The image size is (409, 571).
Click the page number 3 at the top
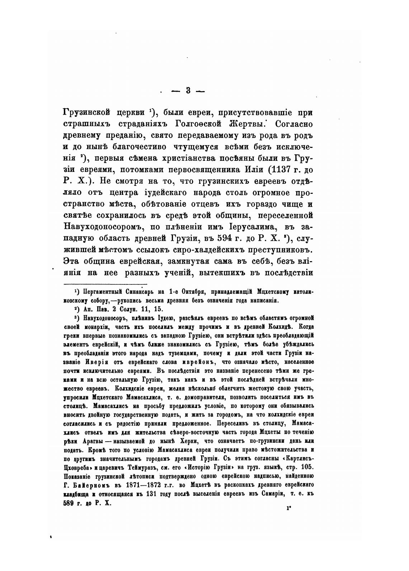[188, 91]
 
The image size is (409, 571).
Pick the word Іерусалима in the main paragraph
[238, 227]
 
